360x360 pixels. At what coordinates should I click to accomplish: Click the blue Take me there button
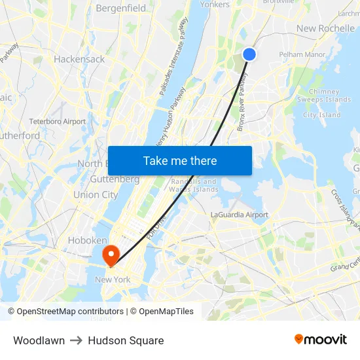180,160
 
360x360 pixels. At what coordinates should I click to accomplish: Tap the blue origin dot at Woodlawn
249,54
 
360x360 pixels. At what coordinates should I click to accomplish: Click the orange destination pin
110,254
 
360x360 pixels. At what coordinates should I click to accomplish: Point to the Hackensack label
79,59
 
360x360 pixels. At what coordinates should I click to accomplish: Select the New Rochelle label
325,28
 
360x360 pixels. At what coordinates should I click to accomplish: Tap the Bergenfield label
121,9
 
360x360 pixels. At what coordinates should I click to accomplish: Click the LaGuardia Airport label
240,215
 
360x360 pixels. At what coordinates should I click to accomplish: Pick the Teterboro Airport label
58,121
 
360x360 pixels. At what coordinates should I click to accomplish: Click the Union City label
96,194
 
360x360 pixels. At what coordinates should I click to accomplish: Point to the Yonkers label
214,5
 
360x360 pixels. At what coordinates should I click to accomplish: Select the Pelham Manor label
302,54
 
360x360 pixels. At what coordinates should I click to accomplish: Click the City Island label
321,115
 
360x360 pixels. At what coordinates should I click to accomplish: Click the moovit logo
320,339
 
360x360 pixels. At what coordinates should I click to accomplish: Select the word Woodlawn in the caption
39,340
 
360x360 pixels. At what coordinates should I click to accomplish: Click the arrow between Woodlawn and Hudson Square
76,340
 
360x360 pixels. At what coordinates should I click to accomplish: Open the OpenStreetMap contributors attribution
67,312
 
